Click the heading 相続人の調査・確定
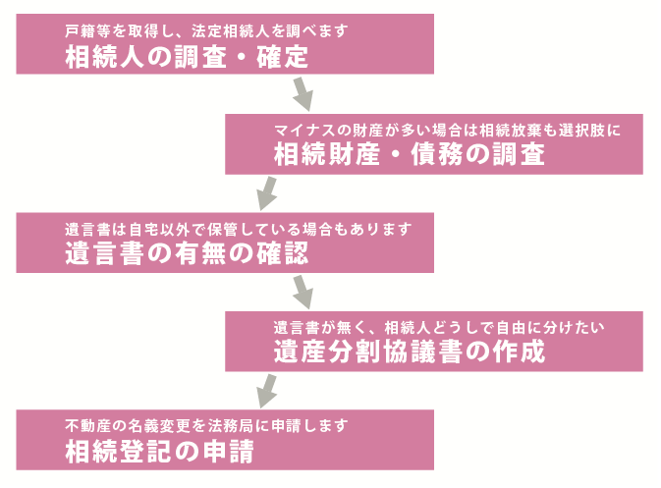tap(187, 58)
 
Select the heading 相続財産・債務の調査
tap(409, 154)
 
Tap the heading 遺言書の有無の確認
tap(187, 252)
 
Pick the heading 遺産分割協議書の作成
tap(409, 351)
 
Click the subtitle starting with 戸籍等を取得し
tap(205, 31)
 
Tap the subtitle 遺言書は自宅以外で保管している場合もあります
tap(237, 228)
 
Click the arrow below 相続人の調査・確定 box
tap(303, 94)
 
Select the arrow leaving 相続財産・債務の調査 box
tap(264, 191)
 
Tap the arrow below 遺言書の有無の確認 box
tap(303, 291)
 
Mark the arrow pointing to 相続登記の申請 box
tap(264, 388)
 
